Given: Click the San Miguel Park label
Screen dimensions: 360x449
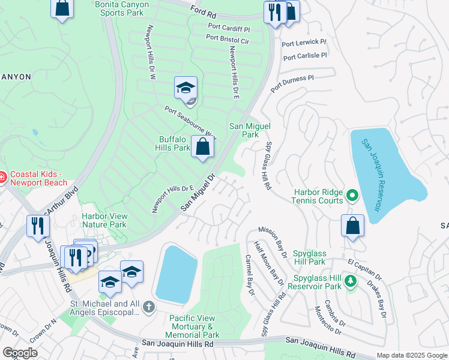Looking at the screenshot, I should pos(250,130).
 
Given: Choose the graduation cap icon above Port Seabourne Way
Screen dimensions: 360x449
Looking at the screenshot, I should pos(186,88).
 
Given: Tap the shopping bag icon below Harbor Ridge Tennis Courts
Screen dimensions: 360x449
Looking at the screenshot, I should pos(353,226).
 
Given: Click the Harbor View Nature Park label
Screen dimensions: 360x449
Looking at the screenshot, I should pos(104,220).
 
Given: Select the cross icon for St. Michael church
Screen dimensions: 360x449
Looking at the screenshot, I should pos(149,308).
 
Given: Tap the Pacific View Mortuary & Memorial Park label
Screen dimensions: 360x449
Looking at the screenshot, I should pos(194,326).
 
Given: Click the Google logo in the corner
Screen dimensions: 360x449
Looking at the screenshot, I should pos(20,353).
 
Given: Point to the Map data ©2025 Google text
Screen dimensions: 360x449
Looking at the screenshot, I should pos(412,355).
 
